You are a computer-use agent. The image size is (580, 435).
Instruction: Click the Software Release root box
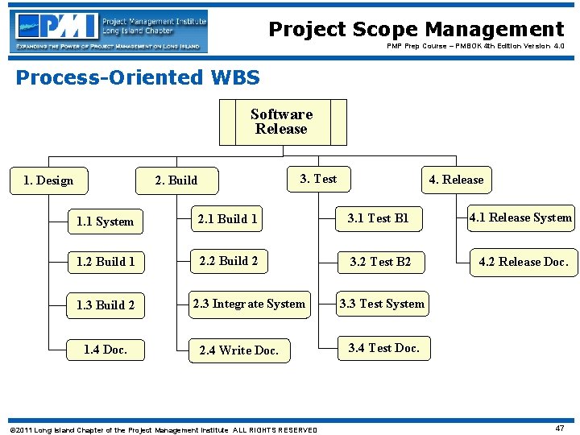click(282, 122)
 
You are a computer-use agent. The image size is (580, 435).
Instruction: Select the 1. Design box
click(48, 180)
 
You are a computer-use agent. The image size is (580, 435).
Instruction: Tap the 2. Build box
click(176, 180)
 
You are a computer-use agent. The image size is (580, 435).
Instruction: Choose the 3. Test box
click(318, 179)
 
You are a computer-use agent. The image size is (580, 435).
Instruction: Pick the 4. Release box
click(456, 180)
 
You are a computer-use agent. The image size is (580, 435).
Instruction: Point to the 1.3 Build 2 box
click(106, 305)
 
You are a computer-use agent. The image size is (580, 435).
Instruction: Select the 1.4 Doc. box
click(106, 350)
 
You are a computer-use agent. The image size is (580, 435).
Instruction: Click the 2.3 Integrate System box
click(249, 304)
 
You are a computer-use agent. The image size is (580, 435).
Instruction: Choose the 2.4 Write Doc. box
click(238, 350)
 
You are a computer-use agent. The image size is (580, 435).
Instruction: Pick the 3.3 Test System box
click(381, 304)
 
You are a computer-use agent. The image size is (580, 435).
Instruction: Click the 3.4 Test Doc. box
click(383, 348)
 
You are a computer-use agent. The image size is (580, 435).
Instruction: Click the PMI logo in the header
click(109, 31)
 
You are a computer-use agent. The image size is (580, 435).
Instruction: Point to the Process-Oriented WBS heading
click(138, 77)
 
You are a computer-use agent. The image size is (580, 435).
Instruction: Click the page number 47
click(559, 428)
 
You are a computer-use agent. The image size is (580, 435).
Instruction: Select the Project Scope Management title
click(416, 30)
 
